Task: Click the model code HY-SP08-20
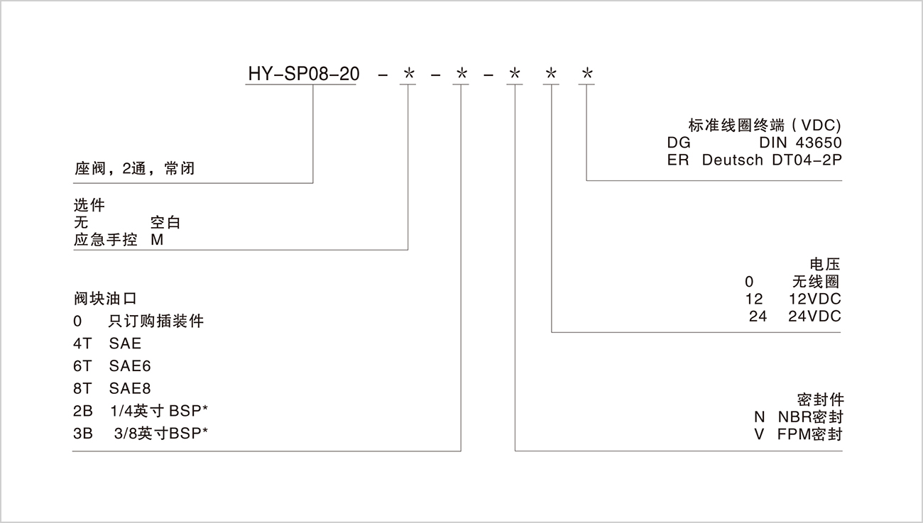click(303, 74)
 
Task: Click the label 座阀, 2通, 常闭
click(134, 169)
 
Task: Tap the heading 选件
click(89, 206)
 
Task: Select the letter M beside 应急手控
click(157, 240)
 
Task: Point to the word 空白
click(166, 223)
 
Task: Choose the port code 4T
click(82, 343)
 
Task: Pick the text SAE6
click(130, 366)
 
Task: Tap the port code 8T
click(82, 389)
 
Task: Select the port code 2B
click(82, 411)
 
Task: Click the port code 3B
click(82, 433)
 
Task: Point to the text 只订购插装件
click(156, 321)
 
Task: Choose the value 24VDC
click(814, 316)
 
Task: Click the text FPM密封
click(809, 434)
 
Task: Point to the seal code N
click(760, 417)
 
